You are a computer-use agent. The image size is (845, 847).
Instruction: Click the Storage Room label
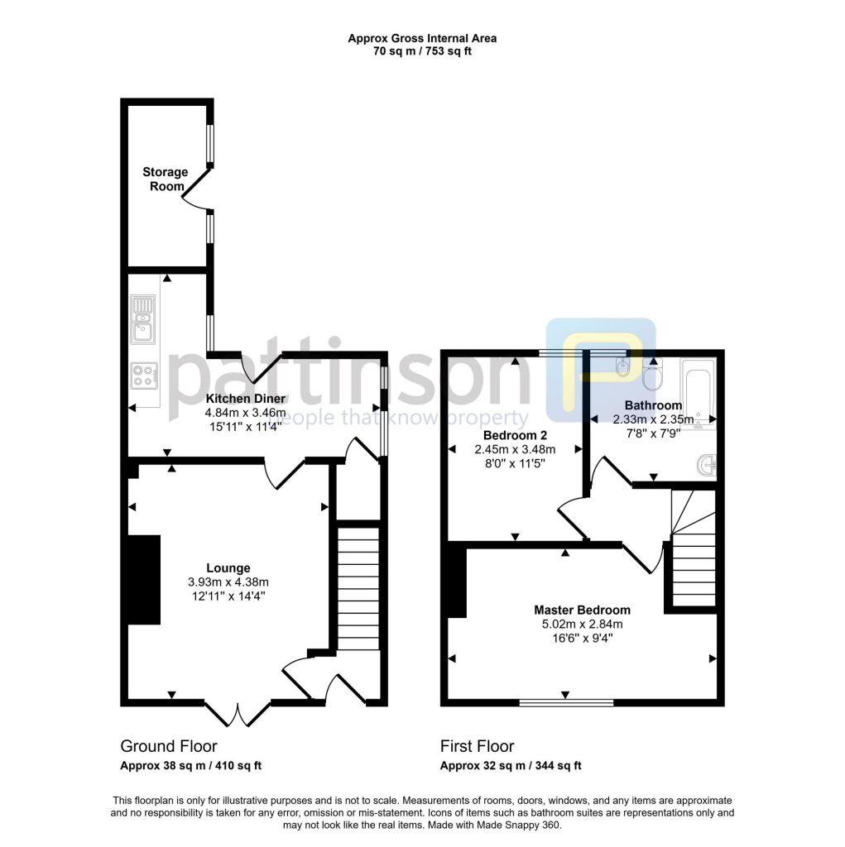[x=165, y=179]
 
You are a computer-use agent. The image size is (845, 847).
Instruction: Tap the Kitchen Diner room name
[x=246, y=399]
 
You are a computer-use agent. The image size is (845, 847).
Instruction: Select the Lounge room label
[x=228, y=568]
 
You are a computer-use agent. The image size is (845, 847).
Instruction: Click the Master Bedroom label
[x=582, y=610]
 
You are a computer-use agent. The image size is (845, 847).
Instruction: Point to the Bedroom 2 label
[x=514, y=435]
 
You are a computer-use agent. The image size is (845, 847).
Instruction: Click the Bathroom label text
[x=653, y=405]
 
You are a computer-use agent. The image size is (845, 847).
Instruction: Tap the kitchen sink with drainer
[x=143, y=318]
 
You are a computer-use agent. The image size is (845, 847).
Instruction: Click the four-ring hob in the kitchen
[x=143, y=376]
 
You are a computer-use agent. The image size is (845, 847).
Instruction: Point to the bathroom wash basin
[x=706, y=466]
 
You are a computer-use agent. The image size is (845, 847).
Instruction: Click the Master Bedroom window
[x=566, y=703]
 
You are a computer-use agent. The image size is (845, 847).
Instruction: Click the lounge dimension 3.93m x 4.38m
[x=228, y=581]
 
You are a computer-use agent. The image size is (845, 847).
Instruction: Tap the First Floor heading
[x=477, y=747]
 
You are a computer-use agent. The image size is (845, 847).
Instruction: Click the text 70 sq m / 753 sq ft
[x=422, y=51]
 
